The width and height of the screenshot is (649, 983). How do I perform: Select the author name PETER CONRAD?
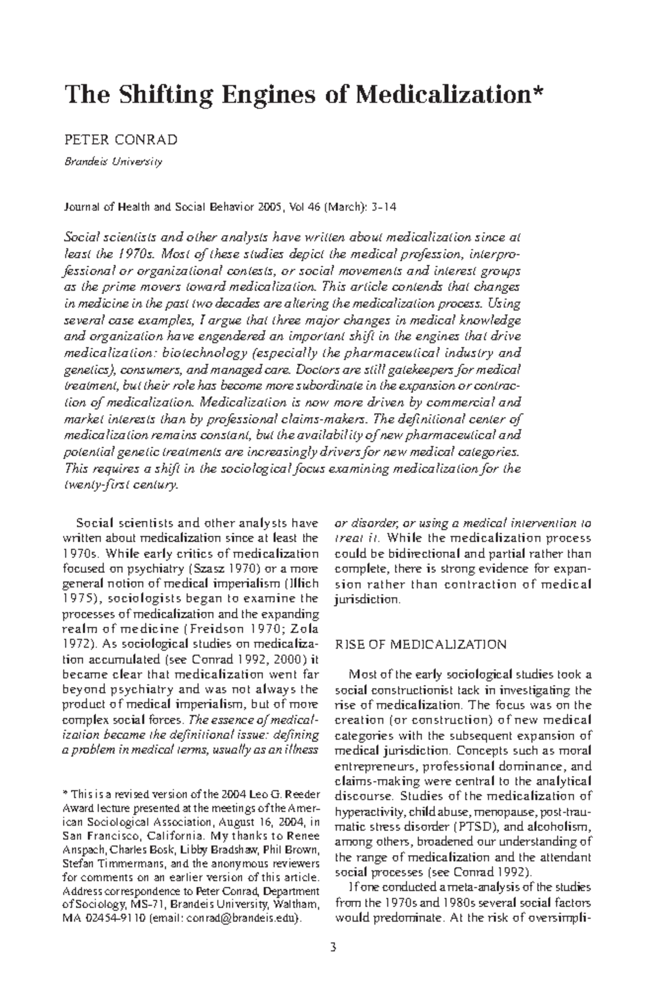[x=121, y=140]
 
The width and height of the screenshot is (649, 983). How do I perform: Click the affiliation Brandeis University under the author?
[x=113, y=161]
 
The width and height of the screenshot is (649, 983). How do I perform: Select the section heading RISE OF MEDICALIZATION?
[x=421, y=645]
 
